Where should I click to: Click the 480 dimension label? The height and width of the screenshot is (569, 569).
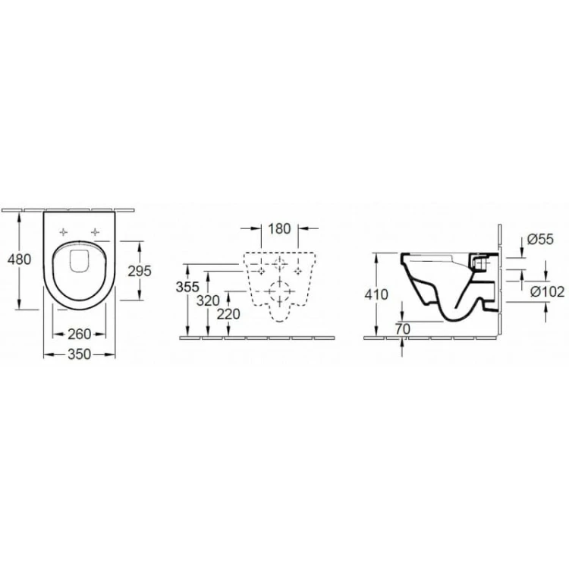tap(19, 259)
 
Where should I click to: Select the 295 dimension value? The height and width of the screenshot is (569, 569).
tap(140, 270)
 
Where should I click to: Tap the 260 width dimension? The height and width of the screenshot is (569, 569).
tap(79, 334)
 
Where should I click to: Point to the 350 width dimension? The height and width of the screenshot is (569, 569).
tap(79, 354)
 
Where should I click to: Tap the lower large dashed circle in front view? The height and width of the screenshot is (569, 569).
tap(280, 291)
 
